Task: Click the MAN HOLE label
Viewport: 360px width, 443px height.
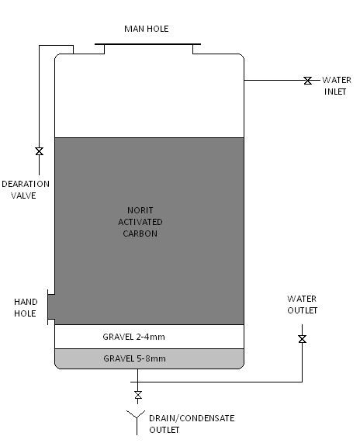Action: pyautogui.click(x=147, y=29)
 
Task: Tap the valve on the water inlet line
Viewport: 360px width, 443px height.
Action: pyautogui.click(x=308, y=81)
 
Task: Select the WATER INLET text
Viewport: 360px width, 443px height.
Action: pyautogui.click(x=336, y=86)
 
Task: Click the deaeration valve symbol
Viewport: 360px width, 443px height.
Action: pyautogui.click(x=40, y=151)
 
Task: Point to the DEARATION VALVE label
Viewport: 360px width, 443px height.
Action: pyautogui.click(x=26, y=190)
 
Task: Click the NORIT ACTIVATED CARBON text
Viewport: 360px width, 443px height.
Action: pyautogui.click(x=140, y=222)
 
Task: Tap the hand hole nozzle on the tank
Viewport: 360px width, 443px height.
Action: pyautogui.click(x=51, y=307)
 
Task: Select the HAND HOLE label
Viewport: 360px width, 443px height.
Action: pyautogui.click(x=26, y=308)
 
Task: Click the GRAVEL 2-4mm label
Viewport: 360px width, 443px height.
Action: pyautogui.click(x=133, y=337)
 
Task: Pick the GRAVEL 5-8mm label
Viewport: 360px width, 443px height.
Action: pyautogui.click(x=134, y=358)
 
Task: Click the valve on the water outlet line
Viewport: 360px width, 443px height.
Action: pyautogui.click(x=303, y=339)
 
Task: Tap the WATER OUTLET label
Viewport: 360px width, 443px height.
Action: pyautogui.click(x=302, y=305)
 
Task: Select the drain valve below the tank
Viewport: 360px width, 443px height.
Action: pyautogui.click(x=138, y=395)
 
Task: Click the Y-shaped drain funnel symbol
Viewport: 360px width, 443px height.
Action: pyautogui.click(x=137, y=422)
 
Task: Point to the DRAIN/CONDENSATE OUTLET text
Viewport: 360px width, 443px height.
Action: pyautogui.click(x=192, y=424)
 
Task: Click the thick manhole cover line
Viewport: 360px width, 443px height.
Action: pyautogui.click(x=147, y=44)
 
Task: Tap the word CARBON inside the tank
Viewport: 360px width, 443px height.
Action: pyautogui.click(x=140, y=234)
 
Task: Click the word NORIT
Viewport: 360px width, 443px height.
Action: pyautogui.click(x=140, y=210)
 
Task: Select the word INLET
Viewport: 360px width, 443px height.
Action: pyautogui.click(x=335, y=92)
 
